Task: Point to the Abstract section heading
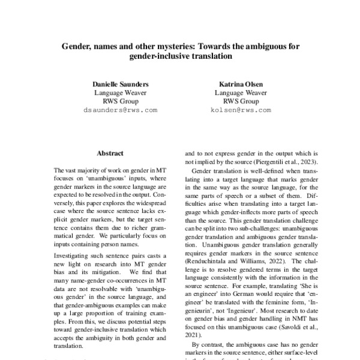tap(110, 154)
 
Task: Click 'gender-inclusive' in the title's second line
tap(158, 56)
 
